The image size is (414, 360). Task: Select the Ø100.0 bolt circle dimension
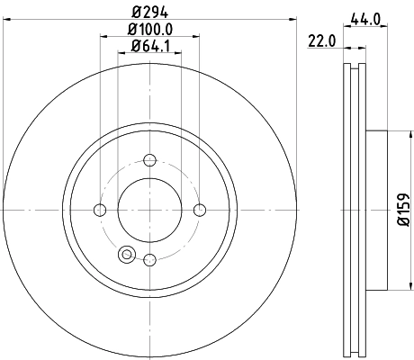point(148,30)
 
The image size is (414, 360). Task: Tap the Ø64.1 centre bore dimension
point(148,46)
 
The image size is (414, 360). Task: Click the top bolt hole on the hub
point(149,161)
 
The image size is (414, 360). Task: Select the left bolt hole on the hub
point(100,211)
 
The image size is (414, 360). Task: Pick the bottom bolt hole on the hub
point(149,260)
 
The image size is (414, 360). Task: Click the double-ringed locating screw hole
point(126,254)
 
